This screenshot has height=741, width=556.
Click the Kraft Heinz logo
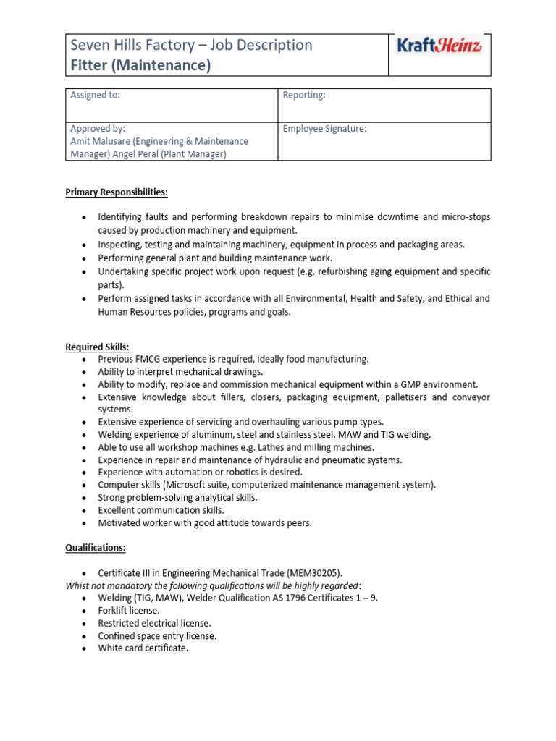(439, 46)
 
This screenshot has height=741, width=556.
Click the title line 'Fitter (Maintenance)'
(140, 66)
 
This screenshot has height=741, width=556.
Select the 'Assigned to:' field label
(95, 95)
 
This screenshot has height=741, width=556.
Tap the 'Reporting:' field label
(304, 95)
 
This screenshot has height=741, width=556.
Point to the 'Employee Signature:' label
(324, 129)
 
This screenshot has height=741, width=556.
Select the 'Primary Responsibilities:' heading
(117, 192)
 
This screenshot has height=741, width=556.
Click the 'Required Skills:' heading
(97, 347)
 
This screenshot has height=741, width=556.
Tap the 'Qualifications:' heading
(96, 549)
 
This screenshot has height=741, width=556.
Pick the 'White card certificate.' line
(143, 648)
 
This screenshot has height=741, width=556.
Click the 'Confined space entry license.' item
(157, 636)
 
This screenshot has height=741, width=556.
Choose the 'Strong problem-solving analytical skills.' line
(177, 498)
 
